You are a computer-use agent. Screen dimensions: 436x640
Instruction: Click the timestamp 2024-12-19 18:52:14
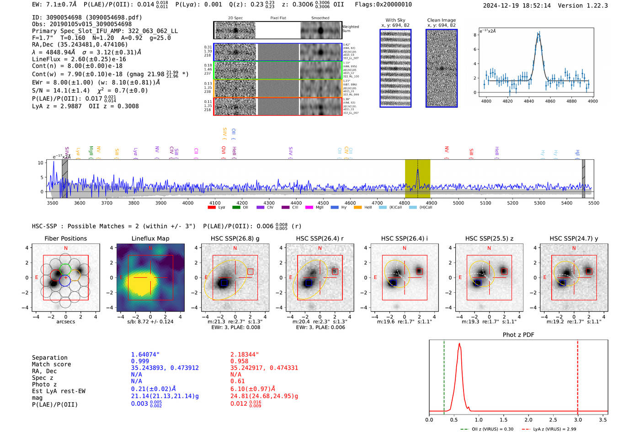tap(517, 5)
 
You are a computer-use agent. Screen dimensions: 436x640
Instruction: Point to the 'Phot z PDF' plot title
tap(518, 335)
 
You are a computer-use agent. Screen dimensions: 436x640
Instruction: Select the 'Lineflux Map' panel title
tap(150, 238)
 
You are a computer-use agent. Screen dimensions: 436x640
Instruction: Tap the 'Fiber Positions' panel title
tap(65, 238)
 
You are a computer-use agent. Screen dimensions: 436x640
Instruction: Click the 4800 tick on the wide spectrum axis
tap(404, 203)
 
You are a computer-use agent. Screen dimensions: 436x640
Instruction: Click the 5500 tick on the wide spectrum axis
tap(593, 203)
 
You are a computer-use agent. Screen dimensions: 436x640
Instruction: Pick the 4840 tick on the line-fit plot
tap(529, 101)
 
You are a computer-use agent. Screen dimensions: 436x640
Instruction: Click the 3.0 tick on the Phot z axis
tap(578, 420)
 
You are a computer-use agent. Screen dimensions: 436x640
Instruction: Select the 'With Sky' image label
tap(395, 20)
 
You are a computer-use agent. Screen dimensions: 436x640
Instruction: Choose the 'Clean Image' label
tap(441, 20)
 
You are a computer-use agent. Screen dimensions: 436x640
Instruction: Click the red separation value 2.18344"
tap(245, 355)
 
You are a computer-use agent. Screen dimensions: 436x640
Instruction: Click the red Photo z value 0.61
tap(237, 381)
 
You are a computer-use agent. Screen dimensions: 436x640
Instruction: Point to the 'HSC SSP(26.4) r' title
tap(320, 238)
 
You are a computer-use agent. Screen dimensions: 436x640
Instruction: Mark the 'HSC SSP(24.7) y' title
tap(574, 238)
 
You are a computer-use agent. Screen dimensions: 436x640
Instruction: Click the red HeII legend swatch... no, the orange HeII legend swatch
tap(357, 208)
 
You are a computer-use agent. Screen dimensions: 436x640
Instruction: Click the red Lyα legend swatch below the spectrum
tap(212, 208)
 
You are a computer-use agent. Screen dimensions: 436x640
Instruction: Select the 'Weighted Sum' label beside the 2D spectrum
tap(351, 29)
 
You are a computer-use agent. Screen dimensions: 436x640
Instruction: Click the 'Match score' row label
tap(51, 365)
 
